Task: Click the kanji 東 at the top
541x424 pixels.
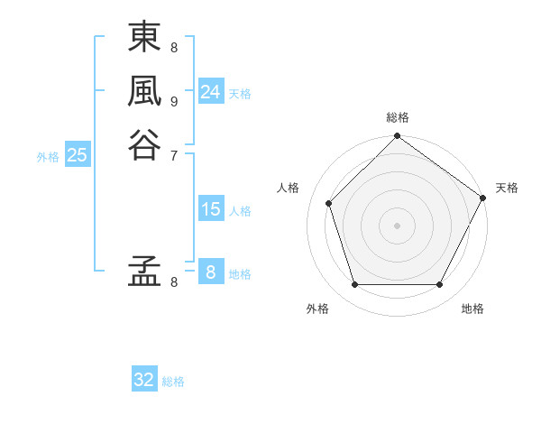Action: coord(143,39)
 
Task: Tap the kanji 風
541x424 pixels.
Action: coord(143,91)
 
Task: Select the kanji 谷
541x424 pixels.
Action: coord(143,143)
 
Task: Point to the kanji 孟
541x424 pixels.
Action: coord(143,272)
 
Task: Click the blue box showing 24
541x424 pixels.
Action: coord(211,92)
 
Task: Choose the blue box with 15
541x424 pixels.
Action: coord(211,209)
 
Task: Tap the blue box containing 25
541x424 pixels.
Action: coord(78,155)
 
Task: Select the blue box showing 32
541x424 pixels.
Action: coord(144,380)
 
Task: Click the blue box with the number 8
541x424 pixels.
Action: coord(211,272)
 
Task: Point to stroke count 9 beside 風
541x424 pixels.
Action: coord(174,101)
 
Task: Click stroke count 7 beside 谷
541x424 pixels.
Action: coord(174,154)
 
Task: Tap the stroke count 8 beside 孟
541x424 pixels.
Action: coord(174,282)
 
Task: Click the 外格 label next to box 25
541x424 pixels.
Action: coord(48,157)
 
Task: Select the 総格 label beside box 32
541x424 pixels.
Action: coord(173,382)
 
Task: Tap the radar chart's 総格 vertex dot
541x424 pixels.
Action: coord(397,137)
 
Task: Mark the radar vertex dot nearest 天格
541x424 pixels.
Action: coord(483,198)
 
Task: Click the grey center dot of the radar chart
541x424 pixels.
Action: coord(397,225)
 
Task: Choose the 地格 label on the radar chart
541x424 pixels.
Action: coord(472,309)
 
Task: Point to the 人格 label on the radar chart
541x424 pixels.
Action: coord(289,188)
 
